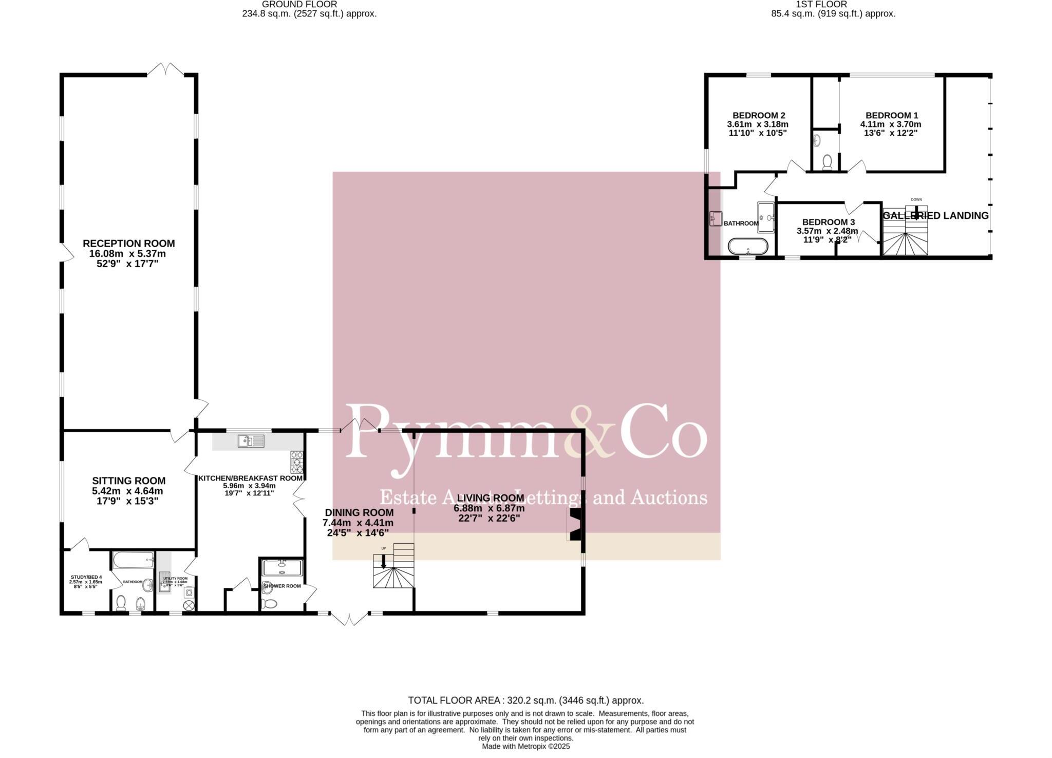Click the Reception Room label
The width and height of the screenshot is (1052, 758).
(x=128, y=244)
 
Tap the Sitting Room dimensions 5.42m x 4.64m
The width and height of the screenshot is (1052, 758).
(x=127, y=491)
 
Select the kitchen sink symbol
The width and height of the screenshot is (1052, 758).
(x=251, y=441)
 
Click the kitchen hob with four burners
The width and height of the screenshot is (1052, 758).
(x=297, y=462)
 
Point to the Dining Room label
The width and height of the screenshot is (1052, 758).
(x=359, y=512)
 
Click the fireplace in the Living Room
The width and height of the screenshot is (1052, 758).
(x=575, y=524)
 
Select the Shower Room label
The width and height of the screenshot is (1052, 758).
(x=281, y=586)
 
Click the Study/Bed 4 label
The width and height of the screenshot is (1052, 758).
(x=86, y=577)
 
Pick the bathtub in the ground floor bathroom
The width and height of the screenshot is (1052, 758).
(x=133, y=560)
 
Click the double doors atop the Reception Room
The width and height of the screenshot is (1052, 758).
(x=165, y=70)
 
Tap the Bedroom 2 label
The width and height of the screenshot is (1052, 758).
(x=758, y=116)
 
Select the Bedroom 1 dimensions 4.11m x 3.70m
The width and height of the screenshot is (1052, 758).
(x=891, y=124)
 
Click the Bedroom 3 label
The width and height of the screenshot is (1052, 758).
(x=828, y=222)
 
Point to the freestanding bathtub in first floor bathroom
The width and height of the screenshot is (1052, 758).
(x=748, y=247)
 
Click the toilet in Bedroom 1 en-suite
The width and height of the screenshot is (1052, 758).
(x=827, y=162)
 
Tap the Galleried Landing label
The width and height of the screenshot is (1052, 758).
(x=935, y=216)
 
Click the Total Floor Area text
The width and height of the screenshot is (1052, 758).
(x=525, y=700)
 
